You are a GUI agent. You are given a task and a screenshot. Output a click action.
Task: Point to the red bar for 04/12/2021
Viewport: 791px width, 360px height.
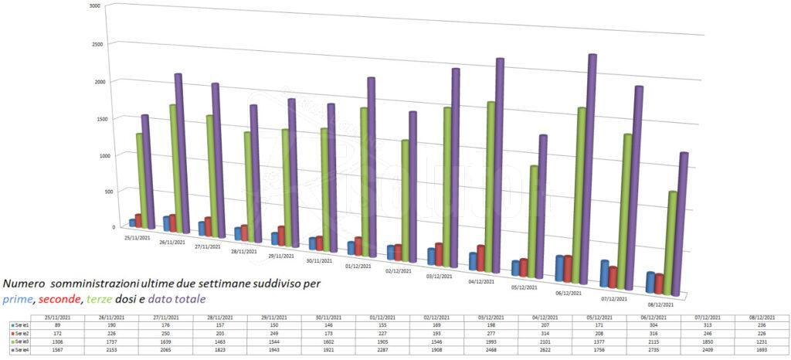pyautogui.click(x=481, y=258)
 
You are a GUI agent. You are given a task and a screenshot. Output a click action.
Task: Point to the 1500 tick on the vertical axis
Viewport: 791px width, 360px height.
pyautogui.click(x=94, y=118)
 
